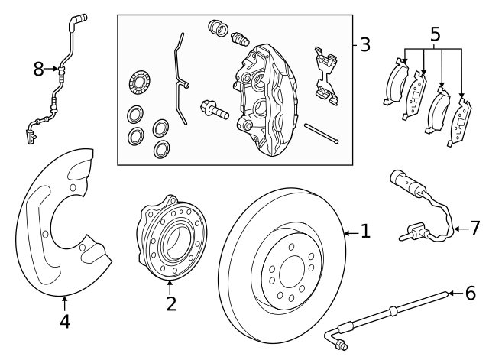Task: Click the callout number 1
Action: (365, 231)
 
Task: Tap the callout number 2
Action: (171, 303)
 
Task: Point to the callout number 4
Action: (65, 322)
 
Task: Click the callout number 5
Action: (435, 34)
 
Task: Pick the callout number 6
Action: (470, 292)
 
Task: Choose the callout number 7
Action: (474, 227)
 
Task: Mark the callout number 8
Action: (39, 70)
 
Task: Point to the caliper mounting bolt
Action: (213, 109)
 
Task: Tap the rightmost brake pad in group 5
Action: (461, 117)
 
